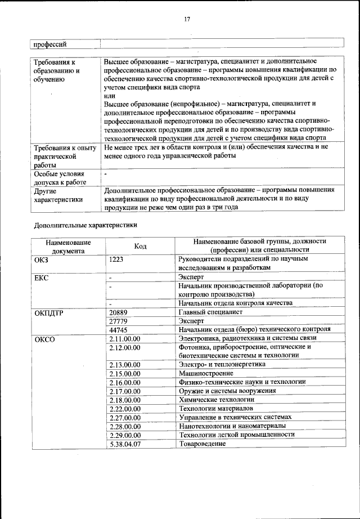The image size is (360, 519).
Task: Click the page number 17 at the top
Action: point(187,19)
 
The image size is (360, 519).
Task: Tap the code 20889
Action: point(118,311)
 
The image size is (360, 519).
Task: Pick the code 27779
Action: point(118,320)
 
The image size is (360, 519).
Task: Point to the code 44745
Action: point(118,329)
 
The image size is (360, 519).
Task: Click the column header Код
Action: point(140,246)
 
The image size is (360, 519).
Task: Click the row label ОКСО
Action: point(44,338)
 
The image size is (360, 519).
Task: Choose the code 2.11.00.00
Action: point(124,338)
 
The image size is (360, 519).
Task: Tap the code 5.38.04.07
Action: point(124,444)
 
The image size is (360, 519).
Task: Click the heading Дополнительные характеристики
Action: point(85,225)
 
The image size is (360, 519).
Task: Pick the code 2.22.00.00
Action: point(124,408)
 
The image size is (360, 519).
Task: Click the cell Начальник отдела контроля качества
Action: point(235,303)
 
